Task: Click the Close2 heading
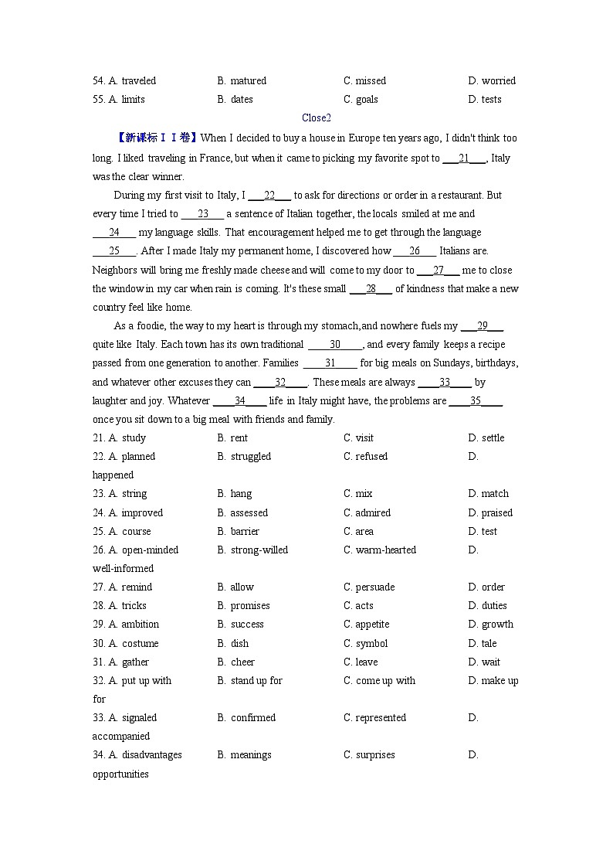[x=316, y=118]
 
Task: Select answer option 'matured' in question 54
[x=248, y=81]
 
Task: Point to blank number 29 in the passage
[x=483, y=326]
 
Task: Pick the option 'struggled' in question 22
[x=250, y=457]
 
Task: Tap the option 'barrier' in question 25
[x=245, y=532]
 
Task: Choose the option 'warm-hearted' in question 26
[x=385, y=550]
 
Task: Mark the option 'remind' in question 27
[x=137, y=587]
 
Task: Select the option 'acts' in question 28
[x=364, y=606]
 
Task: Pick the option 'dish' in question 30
[x=239, y=644]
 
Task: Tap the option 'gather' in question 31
[x=135, y=662]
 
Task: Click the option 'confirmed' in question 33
[x=252, y=718]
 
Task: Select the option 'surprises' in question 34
[x=375, y=755]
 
